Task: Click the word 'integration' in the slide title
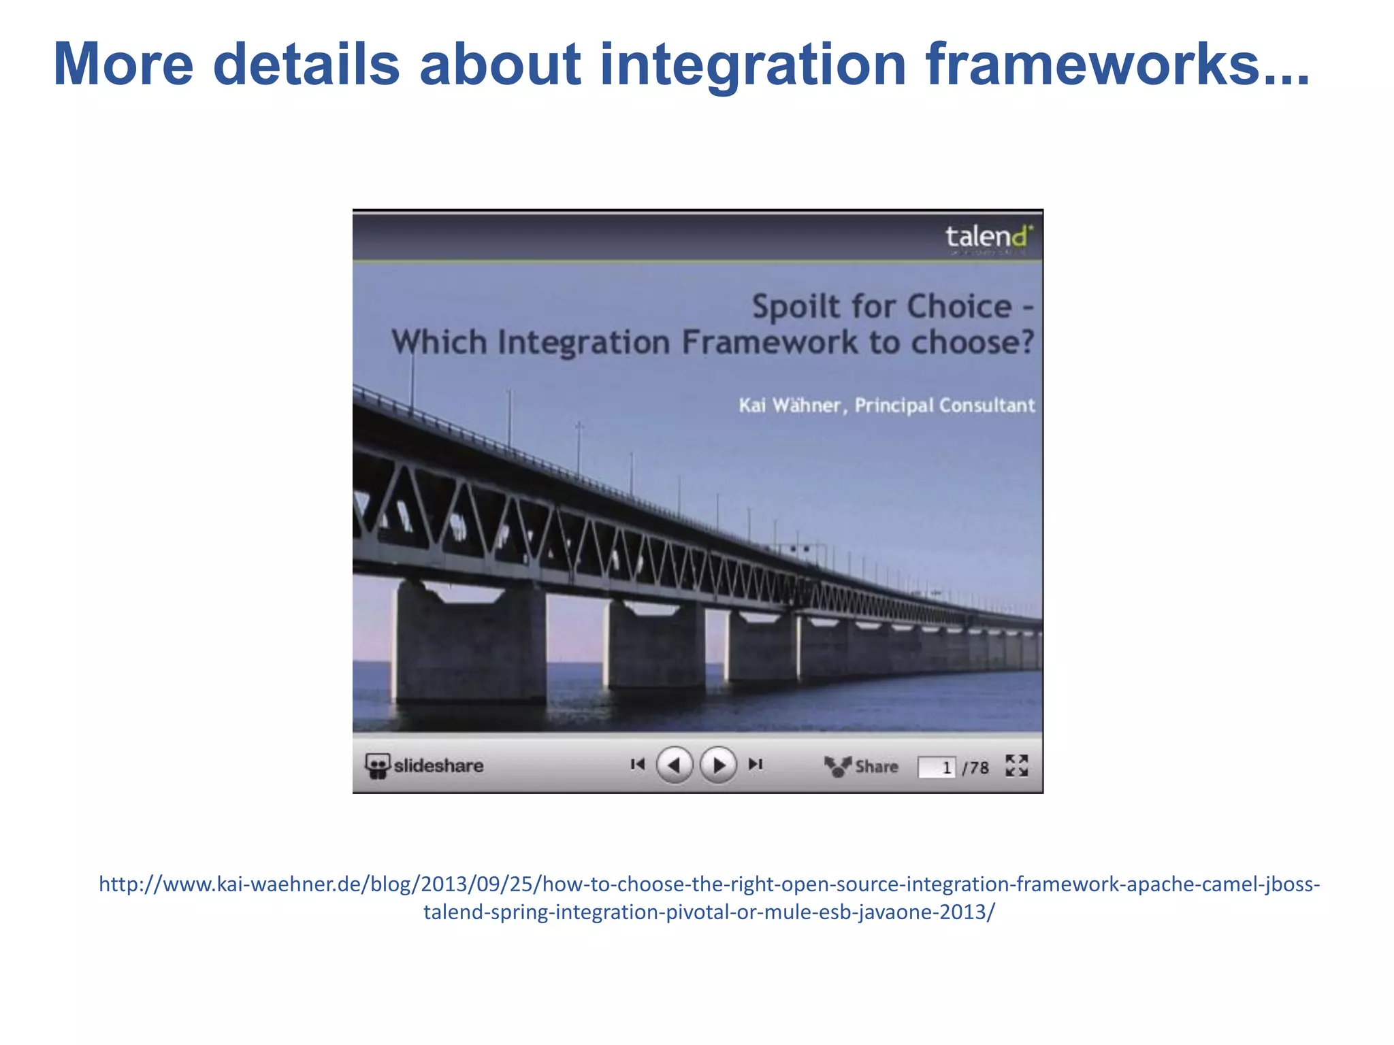pos(752,65)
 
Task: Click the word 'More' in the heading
pos(123,65)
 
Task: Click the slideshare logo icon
pos(377,766)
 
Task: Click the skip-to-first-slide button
pos(637,765)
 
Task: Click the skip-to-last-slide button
pos(756,765)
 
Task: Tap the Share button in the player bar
pos(862,767)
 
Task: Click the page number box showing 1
pos(937,767)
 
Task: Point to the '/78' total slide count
pos(976,767)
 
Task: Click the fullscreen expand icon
pos(1017,765)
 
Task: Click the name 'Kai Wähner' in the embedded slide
pos(790,405)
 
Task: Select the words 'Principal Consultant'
pos(945,405)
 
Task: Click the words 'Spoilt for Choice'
pos(881,306)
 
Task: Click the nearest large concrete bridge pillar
pos(470,643)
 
